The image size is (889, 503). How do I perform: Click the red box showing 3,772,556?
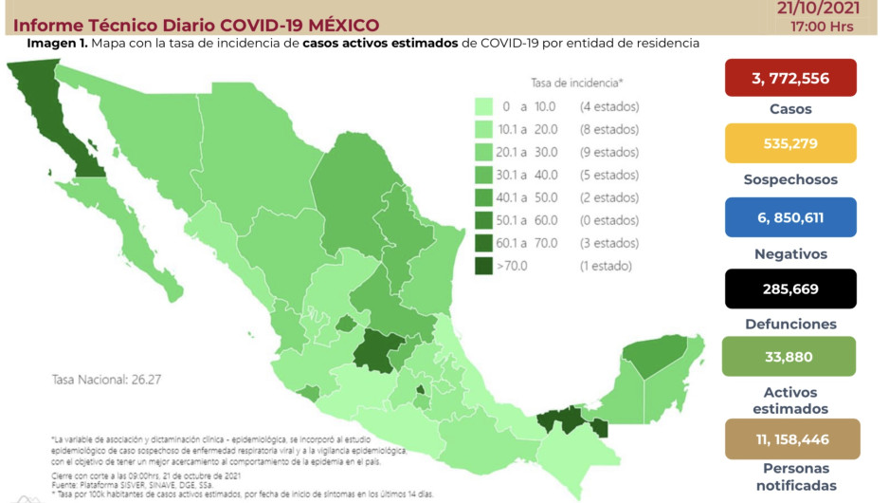click(x=789, y=78)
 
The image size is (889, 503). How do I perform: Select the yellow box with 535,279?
click(x=789, y=143)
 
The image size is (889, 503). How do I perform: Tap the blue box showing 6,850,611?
click(x=789, y=217)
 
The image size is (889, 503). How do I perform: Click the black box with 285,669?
click(x=789, y=289)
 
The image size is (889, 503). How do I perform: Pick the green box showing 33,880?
click(x=789, y=358)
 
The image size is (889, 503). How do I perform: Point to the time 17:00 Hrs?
click(x=824, y=26)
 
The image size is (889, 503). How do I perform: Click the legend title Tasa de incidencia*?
click(x=583, y=84)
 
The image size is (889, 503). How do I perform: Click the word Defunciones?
click(x=789, y=324)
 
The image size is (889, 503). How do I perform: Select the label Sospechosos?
click(x=789, y=179)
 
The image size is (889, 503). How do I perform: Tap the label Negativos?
click(x=789, y=253)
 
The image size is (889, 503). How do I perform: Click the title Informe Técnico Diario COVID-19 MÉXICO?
click(x=196, y=24)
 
